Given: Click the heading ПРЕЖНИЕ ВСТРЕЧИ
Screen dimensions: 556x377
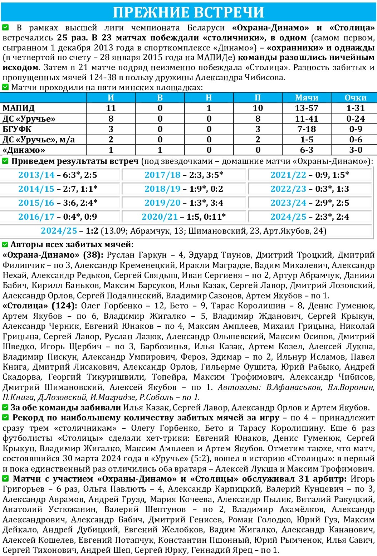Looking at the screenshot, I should click(x=188, y=12).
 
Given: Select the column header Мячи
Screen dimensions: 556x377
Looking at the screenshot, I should click(x=307, y=98).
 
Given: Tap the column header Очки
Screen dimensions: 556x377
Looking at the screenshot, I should click(x=355, y=98).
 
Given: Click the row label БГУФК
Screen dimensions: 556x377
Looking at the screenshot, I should click(x=17, y=129).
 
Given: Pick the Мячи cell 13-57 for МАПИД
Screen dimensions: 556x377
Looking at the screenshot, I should click(x=307, y=108).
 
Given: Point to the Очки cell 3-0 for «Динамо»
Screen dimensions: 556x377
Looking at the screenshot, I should click(x=355, y=150).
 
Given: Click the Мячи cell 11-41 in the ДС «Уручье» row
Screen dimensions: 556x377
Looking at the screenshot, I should click(x=307, y=119).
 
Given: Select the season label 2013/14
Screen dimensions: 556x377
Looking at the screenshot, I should click(x=36, y=175).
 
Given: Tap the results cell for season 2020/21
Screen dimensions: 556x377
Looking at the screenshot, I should click(x=184, y=217).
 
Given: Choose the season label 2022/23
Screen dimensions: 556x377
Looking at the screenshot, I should click(x=288, y=189).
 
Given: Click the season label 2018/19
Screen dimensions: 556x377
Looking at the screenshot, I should click(x=162, y=189).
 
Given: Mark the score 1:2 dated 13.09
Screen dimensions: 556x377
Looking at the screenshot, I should click(x=92, y=231).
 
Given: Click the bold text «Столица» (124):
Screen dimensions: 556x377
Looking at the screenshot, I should click(x=40, y=306).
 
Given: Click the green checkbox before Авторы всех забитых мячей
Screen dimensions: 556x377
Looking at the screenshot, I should click(x=5, y=245).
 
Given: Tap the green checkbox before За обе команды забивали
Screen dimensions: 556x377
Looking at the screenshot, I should click(x=5, y=408).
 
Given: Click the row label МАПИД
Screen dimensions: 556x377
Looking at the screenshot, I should click(x=19, y=108).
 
